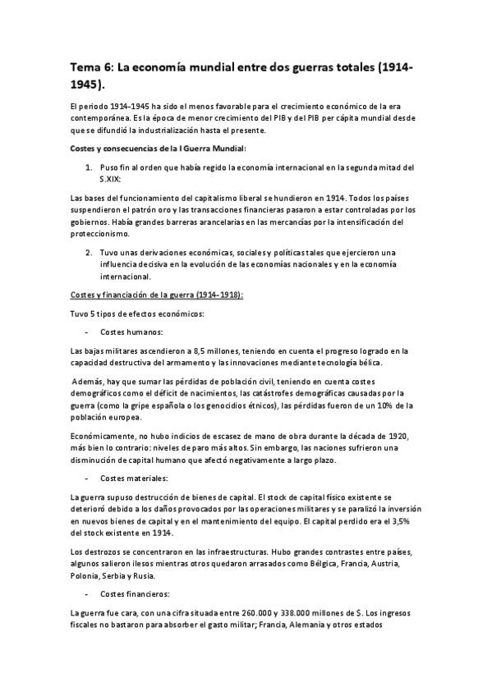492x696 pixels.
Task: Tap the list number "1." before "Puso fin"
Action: click(90, 167)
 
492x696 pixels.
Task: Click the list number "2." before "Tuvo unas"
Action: click(90, 252)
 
